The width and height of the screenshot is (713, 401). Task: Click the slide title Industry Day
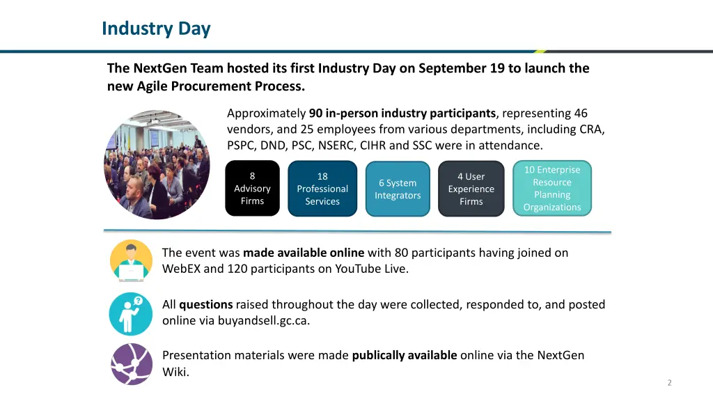click(x=155, y=29)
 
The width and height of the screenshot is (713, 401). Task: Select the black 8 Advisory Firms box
click(x=252, y=189)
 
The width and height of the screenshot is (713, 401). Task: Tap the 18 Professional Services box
click(x=322, y=189)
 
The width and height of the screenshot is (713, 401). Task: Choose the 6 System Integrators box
click(x=398, y=189)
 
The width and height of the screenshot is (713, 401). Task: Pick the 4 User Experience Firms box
click(x=471, y=189)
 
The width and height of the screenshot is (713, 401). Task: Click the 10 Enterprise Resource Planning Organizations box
click(x=552, y=189)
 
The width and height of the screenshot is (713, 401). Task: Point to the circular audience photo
click(x=157, y=164)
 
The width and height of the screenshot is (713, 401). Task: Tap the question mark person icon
click(x=131, y=313)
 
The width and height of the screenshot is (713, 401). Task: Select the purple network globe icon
click(x=131, y=363)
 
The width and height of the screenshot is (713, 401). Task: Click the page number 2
click(x=669, y=382)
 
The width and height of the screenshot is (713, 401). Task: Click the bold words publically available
click(x=404, y=355)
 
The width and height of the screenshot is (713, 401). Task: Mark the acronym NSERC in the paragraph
click(x=335, y=146)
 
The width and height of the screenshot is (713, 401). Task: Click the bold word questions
click(x=205, y=304)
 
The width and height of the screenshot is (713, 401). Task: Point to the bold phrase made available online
click(x=304, y=253)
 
